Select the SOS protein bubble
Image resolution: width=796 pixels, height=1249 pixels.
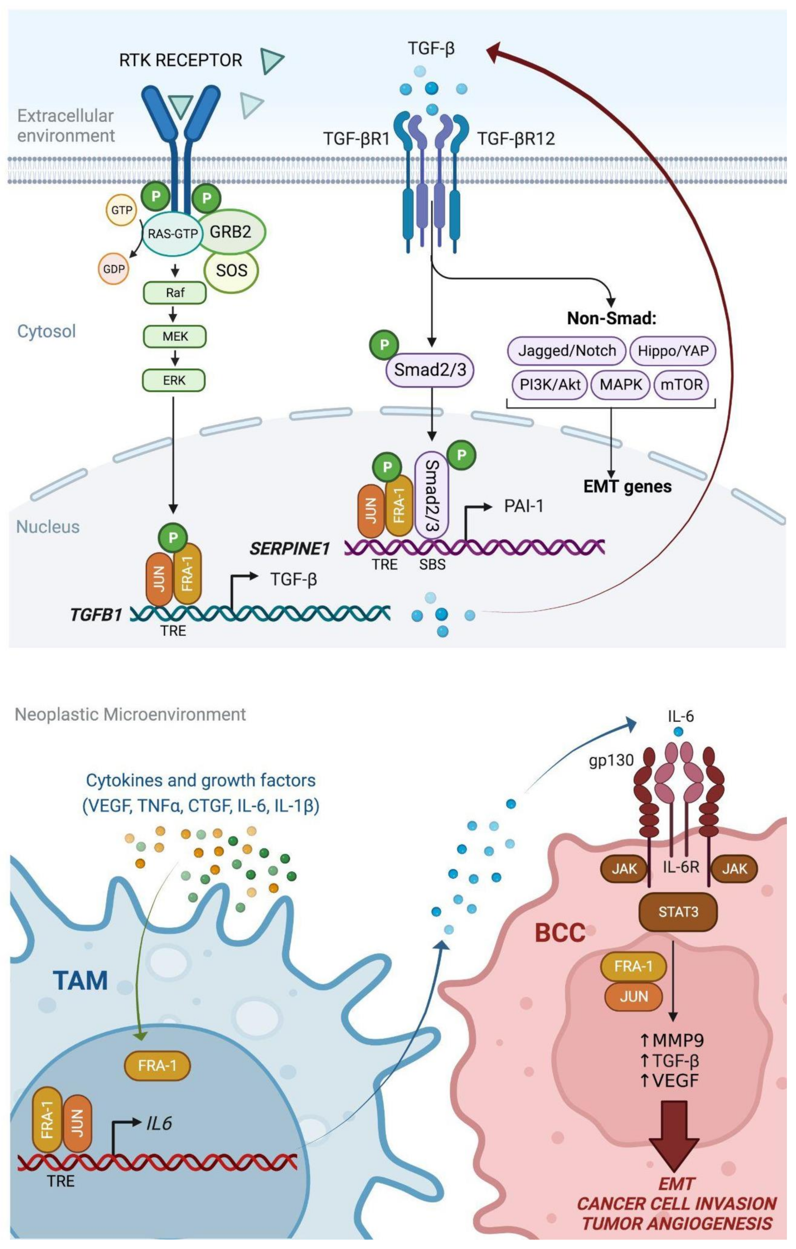click(231, 270)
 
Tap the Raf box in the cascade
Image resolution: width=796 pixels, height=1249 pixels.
click(175, 293)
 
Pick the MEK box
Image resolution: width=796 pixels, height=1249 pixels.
click(175, 336)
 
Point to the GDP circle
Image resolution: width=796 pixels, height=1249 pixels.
click(114, 269)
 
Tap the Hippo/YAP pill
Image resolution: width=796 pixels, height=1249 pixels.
click(672, 351)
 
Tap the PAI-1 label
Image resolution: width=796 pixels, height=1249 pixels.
click(524, 505)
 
